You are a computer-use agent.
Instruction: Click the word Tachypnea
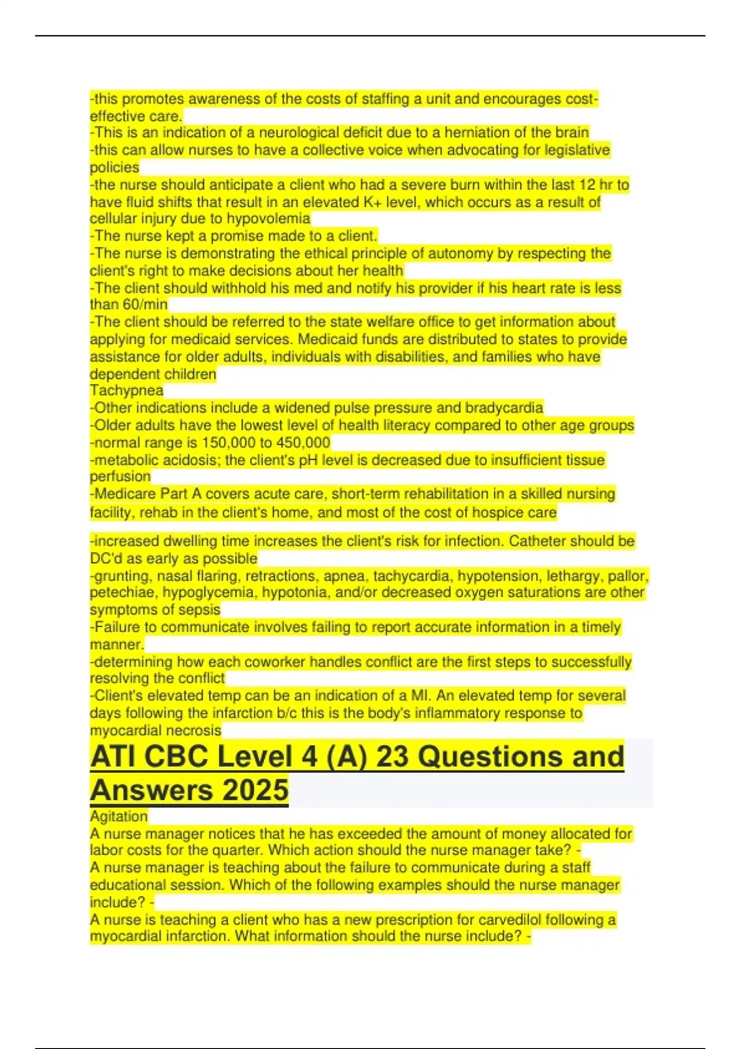[x=127, y=391]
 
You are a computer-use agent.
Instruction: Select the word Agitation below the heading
[x=119, y=816]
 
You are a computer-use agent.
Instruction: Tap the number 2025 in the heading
[x=254, y=790]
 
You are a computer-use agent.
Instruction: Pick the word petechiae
[x=119, y=593]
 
